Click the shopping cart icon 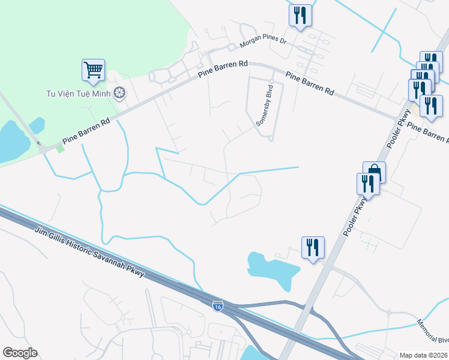[93, 70]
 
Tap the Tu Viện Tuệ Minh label [80, 94]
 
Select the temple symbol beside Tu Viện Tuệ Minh [120, 93]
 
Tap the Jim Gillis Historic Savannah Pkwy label [89, 252]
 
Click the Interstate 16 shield [218, 306]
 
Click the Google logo [20, 352]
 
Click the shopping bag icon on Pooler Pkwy [374, 172]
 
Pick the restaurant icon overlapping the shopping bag [368, 183]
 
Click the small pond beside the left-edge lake [37, 125]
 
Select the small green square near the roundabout [60, 148]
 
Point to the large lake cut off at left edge [11, 142]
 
